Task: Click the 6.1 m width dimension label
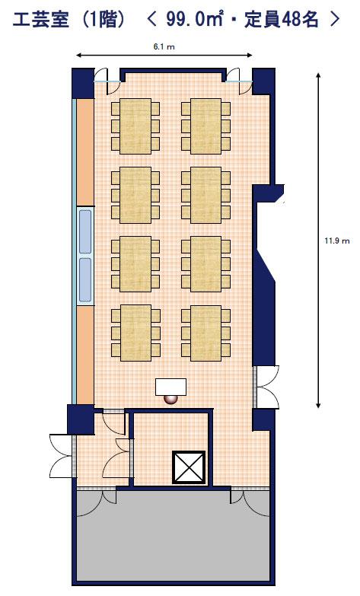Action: pos(164,47)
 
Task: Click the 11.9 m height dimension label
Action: pos(337,241)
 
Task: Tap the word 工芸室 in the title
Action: pos(41,19)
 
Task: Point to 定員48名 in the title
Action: pos(281,19)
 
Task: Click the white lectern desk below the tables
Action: pos(170,387)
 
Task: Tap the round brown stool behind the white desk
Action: pos(170,399)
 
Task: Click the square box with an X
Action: pos(189,467)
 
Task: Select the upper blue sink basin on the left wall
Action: pos(85,231)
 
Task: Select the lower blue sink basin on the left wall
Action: pos(85,279)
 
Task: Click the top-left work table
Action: pos(135,126)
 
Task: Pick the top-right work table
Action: pos(205,126)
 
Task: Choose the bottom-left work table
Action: pos(135,333)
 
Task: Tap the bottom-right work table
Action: pos(205,333)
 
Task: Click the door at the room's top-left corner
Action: pos(107,81)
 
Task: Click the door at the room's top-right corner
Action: pos(239,81)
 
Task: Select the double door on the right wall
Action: pos(269,387)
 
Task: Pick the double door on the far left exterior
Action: pos(62,456)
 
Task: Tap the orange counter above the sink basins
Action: pos(85,152)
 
